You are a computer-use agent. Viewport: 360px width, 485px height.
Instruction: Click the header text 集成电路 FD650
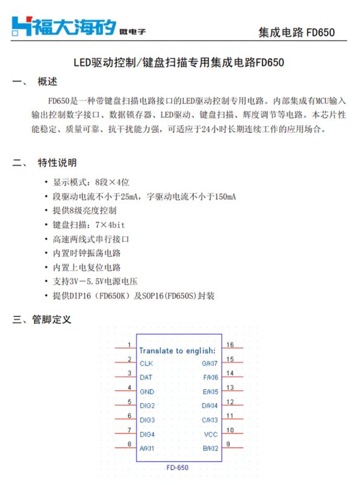[296, 32]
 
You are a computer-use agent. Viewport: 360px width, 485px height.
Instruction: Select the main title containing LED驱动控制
[179, 62]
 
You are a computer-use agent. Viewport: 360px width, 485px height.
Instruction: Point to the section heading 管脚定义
[52, 319]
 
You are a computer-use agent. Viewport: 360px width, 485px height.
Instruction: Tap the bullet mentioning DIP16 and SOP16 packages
[133, 296]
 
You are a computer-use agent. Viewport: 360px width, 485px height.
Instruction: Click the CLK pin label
[146, 364]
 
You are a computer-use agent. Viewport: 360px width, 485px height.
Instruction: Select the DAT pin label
[146, 378]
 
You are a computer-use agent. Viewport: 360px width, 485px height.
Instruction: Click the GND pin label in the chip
[147, 392]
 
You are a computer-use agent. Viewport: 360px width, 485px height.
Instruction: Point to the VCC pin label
[211, 435]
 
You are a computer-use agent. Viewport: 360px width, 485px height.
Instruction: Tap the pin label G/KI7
[210, 364]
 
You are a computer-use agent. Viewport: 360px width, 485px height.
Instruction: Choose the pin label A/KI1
[147, 449]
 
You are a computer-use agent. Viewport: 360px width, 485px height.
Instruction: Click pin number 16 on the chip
[230, 345]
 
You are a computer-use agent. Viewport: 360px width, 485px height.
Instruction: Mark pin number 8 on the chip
[129, 444]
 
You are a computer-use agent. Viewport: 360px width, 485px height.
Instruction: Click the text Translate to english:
[177, 350]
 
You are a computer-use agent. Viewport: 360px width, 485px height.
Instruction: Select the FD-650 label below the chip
[177, 468]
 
